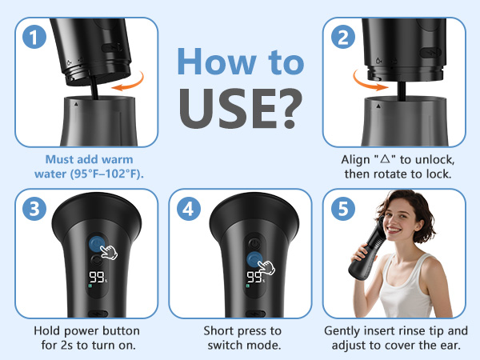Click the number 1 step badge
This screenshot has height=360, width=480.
34,37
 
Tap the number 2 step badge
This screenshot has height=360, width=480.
343,37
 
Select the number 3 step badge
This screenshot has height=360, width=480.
34,209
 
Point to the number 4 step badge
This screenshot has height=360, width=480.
189,209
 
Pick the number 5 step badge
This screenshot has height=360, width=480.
343,209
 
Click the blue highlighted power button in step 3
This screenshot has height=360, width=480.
97,244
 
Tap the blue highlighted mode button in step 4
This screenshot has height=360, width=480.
254,260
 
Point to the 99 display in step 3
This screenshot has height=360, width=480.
97,277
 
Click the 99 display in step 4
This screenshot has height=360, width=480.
254,277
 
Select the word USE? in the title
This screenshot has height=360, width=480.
241,108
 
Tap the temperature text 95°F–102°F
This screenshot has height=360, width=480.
106,174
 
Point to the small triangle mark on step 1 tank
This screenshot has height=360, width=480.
76,104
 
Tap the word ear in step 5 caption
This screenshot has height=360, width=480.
450,346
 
